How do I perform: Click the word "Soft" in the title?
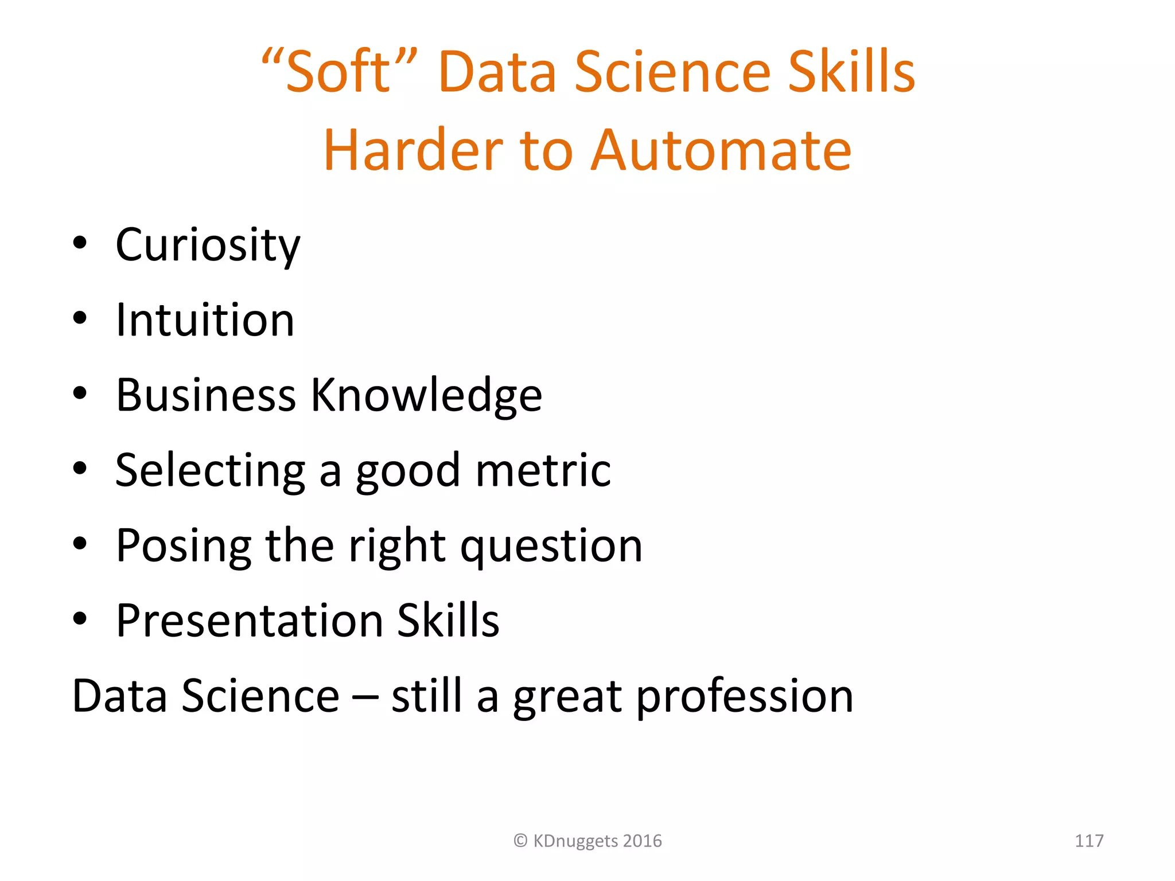339,72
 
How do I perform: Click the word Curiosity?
208,245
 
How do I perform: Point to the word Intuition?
205,320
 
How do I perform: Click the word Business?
206,396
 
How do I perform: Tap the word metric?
543,470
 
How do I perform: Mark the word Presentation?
250,621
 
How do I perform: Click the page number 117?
1088,841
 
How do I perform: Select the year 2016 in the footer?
642,841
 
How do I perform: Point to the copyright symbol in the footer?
520,841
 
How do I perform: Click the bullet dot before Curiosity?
80,243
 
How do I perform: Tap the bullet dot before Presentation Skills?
80,619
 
